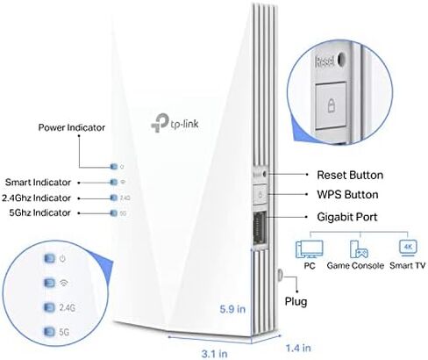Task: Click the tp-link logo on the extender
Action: tap(175, 123)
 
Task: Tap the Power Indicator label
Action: tap(72, 127)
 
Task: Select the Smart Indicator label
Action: tap(38, 183)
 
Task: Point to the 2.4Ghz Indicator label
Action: tap(36, 198)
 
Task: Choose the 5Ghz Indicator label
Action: tap(39, 212)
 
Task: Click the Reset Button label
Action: tap(350, 175)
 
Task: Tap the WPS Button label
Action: tap(347, 195)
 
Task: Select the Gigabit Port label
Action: tap(347, 217)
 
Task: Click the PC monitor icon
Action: tap(310, 249)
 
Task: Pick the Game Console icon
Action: tap(359, 249)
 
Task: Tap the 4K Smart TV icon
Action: tap(408, 248)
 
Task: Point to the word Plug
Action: tap(296, 301)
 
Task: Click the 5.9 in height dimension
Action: tap(232, 309)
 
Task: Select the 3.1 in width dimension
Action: tap(214, 354)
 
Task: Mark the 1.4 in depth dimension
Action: tap(298, 348)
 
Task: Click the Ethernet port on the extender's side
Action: tap(260, 227)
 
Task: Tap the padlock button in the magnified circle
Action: tap(332, 105)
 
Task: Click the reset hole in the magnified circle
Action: tap(340, 59)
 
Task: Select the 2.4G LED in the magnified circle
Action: tap(49, 307)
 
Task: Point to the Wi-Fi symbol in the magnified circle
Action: tap(63, 283)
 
